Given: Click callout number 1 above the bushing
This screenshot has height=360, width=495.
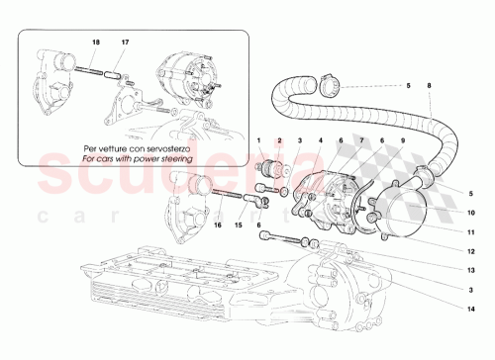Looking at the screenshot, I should [258, 141].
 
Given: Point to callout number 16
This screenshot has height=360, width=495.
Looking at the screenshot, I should [216, 225].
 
